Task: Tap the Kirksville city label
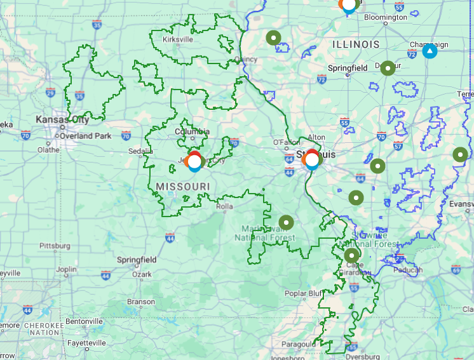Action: tap(178, 39)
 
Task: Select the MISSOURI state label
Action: tap(182, 185)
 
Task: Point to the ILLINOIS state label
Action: tap(356, 44)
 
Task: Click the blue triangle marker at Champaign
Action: tap(430, 50)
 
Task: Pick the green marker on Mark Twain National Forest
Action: tap(287, 222)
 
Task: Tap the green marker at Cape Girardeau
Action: tap(351, 255)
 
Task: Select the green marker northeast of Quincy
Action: tap(273, 37)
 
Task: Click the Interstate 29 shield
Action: tap(50, 93)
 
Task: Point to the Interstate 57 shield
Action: tap(398, 145)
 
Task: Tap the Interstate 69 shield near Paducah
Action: tap(456, 269)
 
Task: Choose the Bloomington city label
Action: tap(385, 17)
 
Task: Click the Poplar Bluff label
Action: tap(304, 293)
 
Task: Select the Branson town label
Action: tap(141, 302)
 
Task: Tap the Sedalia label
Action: tap(140, 151)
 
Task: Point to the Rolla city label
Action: tap(224, 206)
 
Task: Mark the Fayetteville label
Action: tap(87, 342)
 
